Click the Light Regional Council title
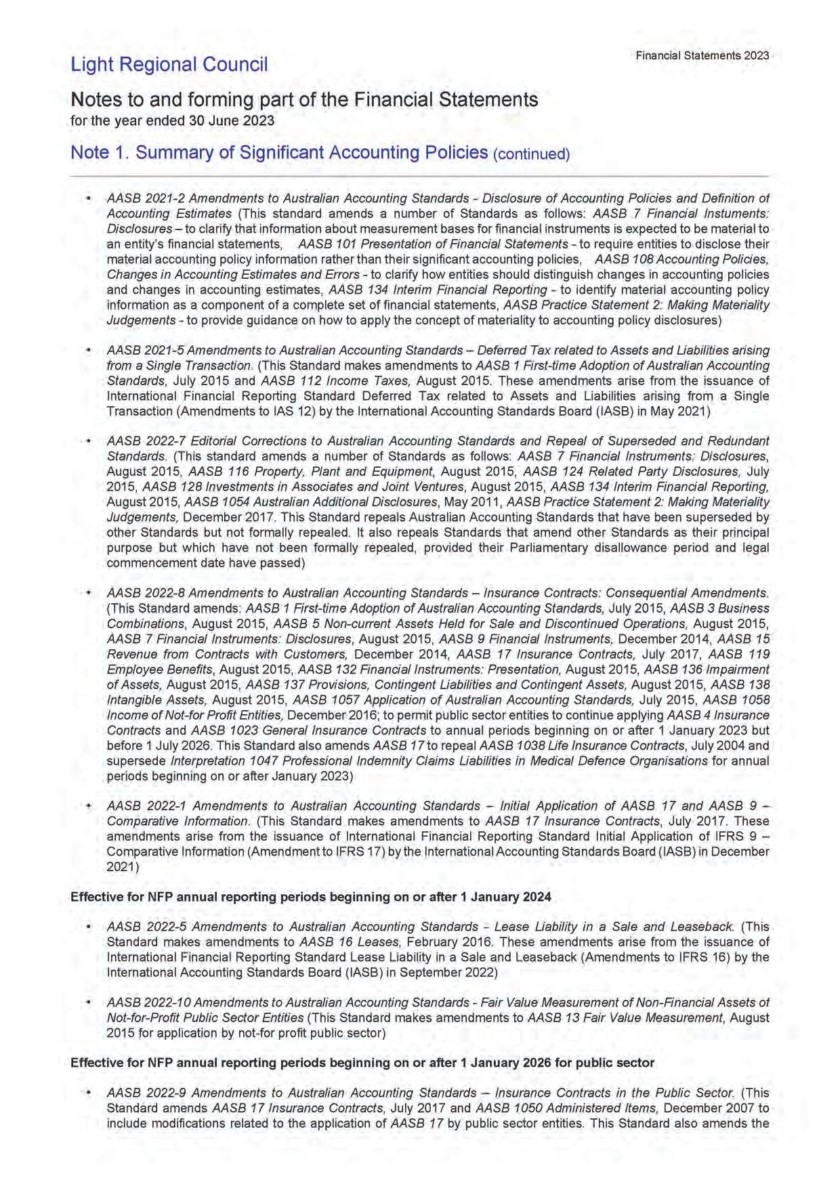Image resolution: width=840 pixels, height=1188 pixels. [169, 64]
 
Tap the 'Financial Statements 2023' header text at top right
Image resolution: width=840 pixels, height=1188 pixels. [702, 56]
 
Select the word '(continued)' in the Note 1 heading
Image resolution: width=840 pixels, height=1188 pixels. [531, 154]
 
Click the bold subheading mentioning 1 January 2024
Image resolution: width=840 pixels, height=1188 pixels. [311, 897]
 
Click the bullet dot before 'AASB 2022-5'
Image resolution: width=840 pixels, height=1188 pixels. [88, 927]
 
